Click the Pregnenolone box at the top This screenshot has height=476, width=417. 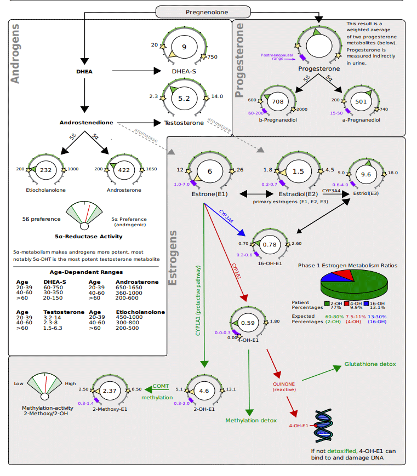[203, 12]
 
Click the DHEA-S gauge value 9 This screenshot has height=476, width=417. [184, 47]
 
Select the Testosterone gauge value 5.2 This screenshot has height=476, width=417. [184, 99]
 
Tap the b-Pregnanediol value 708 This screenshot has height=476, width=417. [278, 102]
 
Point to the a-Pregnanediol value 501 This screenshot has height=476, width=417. [361, 102]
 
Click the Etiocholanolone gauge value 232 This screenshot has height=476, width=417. [46, 170]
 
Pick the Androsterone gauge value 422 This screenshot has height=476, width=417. [124, 170]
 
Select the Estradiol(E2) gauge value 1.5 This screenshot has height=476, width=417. [298, 171]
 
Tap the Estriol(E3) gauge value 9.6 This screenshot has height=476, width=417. [367, 174]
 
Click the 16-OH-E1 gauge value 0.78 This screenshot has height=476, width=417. [270, 244]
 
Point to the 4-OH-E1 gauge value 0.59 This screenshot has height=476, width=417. [249, 323]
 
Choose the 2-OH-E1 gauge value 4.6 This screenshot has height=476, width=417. [204, 391]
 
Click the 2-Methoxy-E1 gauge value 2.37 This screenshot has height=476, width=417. [110, 391]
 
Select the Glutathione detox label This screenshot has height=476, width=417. [370, 364]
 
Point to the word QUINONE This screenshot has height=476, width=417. [284, 383]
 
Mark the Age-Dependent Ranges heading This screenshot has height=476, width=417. [86, 272]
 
